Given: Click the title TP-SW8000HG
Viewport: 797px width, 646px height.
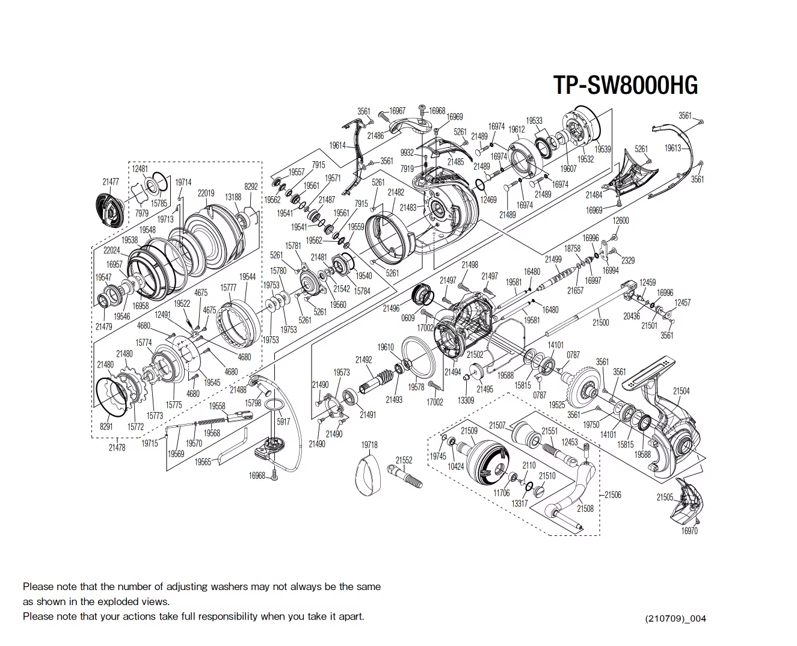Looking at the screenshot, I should pos(625,85).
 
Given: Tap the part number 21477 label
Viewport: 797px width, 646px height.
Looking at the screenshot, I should pos(110,182).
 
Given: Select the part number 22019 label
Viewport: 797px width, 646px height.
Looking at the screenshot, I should pos(206,193).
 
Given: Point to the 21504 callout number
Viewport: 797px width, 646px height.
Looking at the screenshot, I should pos(681,391).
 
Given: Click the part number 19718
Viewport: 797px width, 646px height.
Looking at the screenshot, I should pos(369,445).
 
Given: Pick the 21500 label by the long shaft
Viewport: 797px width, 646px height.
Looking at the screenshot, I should pos(600,323).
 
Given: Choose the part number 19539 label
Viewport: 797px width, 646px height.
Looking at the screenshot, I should pos(603,149).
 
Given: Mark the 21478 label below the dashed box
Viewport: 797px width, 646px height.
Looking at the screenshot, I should pos(117,448).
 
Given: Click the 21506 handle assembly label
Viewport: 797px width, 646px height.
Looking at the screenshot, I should pos(612,494).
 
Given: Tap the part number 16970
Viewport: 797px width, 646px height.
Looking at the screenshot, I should pos(689,531).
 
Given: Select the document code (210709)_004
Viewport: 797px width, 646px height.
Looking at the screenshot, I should pos(675,619).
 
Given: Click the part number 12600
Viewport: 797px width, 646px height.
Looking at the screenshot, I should pos(620,221).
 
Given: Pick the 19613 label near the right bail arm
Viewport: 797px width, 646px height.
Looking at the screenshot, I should pos(672,148).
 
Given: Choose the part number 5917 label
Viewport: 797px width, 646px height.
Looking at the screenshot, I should pos(283,422).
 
